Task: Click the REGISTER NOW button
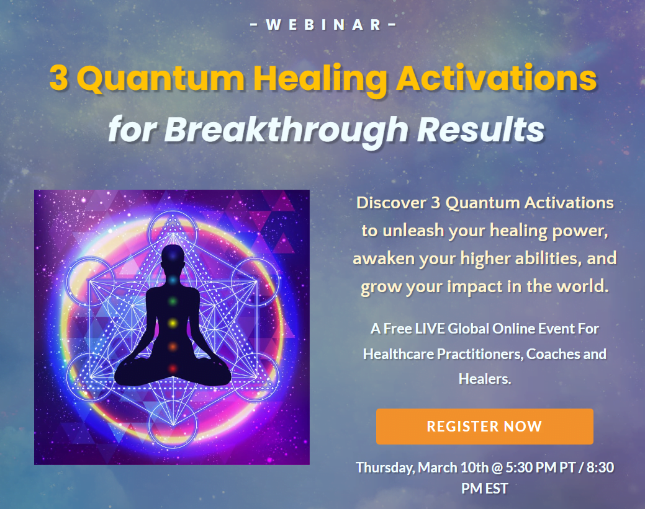(x=485, y=427)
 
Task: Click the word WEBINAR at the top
(x=323, y=25)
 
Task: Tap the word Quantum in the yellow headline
(x=161, y=79)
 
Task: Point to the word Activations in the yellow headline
(x=496, y=78)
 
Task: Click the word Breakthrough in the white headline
(x=286, y=130)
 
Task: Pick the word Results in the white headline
(x=481, y=130)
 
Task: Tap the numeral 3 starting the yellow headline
(x=59, y=78)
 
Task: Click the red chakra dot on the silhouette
(x=173, y=368)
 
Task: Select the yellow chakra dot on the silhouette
(x=173, y=323)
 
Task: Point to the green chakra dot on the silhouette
(x=173, y=301)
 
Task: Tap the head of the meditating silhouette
(x=173, y=257)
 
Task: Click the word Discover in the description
(x=391, y=203)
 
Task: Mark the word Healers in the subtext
(x=485, y=379)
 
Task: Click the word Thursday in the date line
(x=386, y=468)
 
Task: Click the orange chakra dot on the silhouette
(x=173, y=347)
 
